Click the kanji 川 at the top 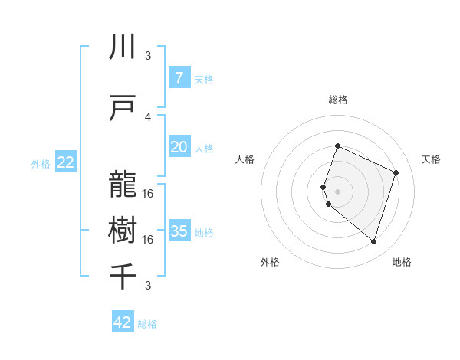(123, 47)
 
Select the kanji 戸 (123, 109)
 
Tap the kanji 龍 (123, 185)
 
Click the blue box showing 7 (179, 78)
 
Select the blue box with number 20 (179, 147)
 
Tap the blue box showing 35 (179, 231)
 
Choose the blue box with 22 (66, 162)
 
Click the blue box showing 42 (123, 322)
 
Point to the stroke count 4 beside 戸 (148, 116)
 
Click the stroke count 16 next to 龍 (148, 193)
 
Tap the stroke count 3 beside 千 (148, 286)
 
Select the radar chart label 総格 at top (337, 100)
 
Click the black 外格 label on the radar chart (270, 262)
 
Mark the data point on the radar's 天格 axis (396, 172)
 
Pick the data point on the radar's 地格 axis (373, 242)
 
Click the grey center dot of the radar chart (337, 191)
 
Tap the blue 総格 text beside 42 (147, 324)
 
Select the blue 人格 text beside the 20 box (204, 148)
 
